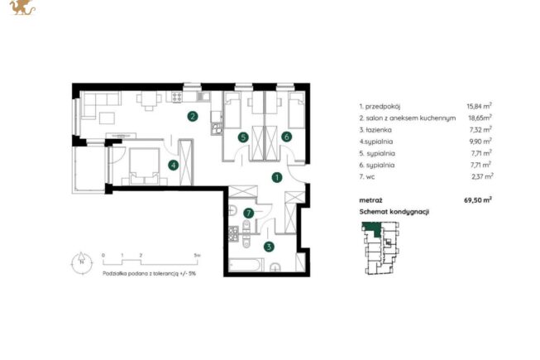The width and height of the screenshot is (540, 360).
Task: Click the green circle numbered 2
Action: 193,117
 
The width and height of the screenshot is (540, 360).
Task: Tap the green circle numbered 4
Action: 173,166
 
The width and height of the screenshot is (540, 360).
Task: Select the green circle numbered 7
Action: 248,214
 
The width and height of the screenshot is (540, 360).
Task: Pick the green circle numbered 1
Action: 277,177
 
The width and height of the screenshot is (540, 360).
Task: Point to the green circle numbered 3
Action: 269,247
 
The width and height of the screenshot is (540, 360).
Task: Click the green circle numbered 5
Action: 243,137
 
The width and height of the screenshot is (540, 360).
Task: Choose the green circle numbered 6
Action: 286,137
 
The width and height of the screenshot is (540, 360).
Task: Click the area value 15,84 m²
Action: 479,106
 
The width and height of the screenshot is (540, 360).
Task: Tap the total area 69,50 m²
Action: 478,199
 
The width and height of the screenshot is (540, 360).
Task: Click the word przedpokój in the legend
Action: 382,107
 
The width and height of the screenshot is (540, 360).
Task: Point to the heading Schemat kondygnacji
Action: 394,212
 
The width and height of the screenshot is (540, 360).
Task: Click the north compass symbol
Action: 82,263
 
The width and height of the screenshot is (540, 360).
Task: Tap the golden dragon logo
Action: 22,7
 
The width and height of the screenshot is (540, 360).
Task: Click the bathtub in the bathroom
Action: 246,265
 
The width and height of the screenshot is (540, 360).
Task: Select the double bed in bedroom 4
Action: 144,166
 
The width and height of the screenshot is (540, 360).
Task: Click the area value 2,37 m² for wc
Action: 482,176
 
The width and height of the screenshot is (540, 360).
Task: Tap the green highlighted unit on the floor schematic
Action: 373,228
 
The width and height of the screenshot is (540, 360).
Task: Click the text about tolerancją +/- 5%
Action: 149,274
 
